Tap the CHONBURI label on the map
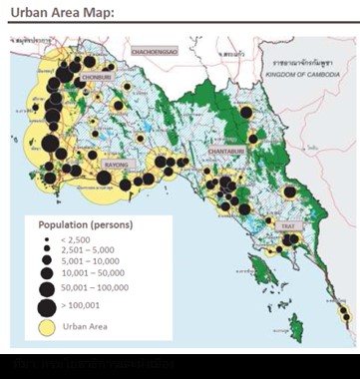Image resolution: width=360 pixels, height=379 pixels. (99, 72)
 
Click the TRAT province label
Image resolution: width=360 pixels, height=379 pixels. (288, 228)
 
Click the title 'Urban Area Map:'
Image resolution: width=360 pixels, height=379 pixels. (64, 12)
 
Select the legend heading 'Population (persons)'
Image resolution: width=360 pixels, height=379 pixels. (87, 225)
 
